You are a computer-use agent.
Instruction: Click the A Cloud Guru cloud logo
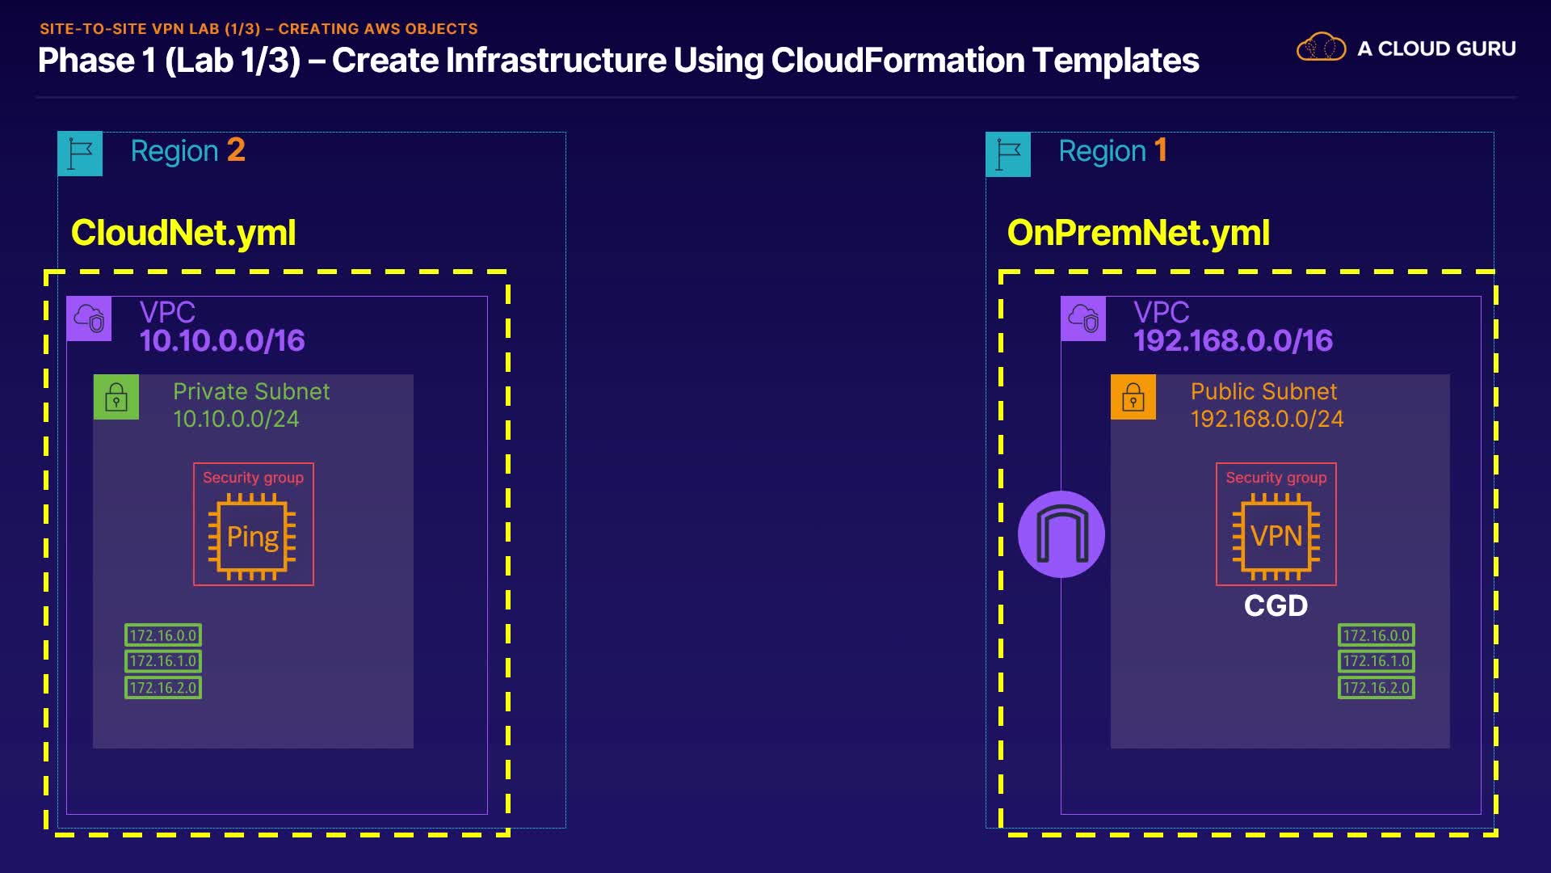coord(1321,48)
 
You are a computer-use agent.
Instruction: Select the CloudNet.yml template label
coord(183,233)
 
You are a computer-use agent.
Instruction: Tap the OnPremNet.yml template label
coord(1138,233)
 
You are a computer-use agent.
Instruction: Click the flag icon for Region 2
coord(80,154)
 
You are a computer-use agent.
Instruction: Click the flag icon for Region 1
coord(1008,154)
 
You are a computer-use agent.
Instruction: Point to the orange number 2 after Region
coord(236,150)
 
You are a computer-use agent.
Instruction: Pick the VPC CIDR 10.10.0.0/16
coord(222,340)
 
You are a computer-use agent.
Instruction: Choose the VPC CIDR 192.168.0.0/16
coord(1233,340)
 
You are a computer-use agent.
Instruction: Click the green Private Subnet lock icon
coord(116,397)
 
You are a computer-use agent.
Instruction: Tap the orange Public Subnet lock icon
coord(1133,397)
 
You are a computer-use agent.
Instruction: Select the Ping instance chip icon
coord(253,536)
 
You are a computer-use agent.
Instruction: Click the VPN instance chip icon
coord(1276,536)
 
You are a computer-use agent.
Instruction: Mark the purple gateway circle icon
coord(1061,534)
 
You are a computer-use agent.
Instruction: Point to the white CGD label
coord(1276,605)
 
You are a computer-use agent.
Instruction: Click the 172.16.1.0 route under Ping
coord(163,661)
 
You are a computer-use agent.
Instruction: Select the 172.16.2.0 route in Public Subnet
coord(1377,688)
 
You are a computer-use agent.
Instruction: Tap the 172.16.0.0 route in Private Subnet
coord(163,635)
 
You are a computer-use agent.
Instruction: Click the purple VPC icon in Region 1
coord(1083,318)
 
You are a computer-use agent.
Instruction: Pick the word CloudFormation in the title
coord(897,61)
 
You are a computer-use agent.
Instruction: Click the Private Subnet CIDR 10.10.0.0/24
coord(236,419)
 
